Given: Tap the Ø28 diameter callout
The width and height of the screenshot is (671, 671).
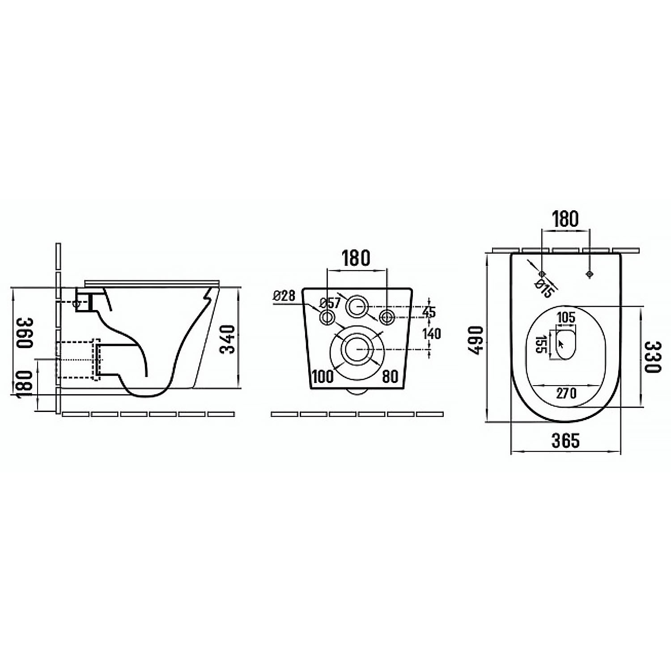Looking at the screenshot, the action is point(284,295).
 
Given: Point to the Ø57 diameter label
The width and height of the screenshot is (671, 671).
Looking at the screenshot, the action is point(330,303).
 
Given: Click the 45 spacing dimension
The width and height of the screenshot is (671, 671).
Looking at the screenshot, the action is point(429,312).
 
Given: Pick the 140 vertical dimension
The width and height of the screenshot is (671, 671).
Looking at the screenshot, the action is point(431,334).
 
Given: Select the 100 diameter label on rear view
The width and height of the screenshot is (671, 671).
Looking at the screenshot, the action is point(323,377).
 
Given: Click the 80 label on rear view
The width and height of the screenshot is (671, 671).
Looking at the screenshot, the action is point(390,377).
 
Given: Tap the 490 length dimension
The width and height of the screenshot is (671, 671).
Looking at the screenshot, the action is point(476,340).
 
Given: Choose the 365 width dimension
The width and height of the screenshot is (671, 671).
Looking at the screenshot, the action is point(565,441).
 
